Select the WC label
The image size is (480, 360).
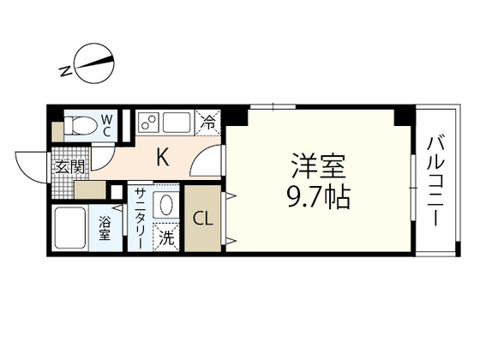pos(107,125)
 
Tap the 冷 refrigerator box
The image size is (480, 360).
pos(208,122)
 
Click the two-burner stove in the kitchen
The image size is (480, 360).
pos(148,123)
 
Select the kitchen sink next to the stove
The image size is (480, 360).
pos(177,123)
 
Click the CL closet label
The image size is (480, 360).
pos(204,218)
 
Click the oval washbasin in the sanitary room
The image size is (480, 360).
pos(165,206)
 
